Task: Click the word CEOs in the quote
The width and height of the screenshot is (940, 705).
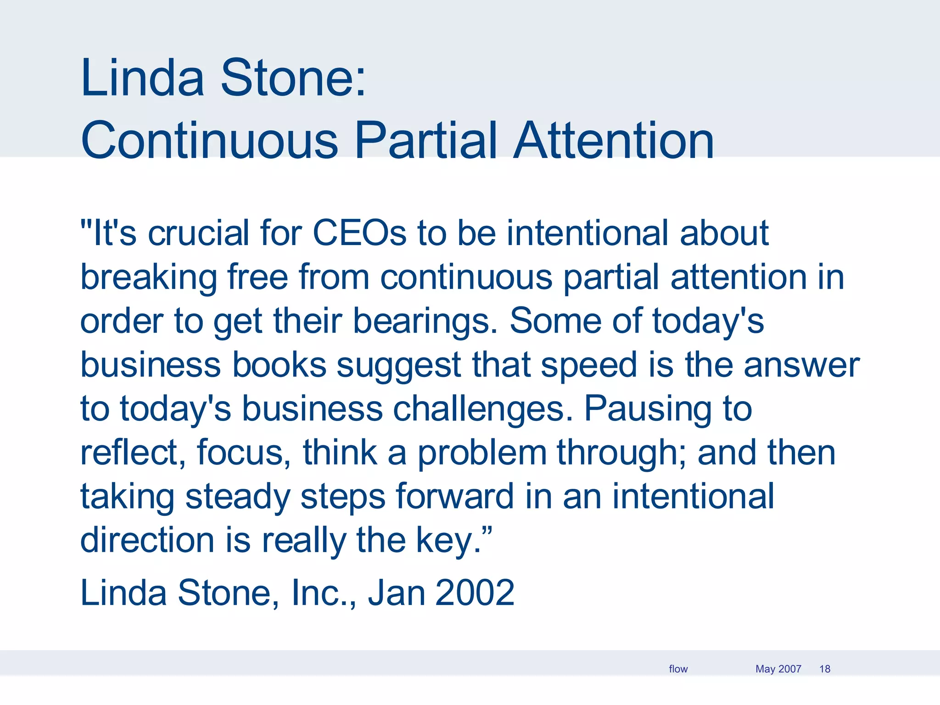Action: [x=359, y=233]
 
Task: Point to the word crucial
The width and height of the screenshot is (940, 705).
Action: [x=198, y=233]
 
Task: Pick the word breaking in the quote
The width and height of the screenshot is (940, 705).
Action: [x=148, y=278]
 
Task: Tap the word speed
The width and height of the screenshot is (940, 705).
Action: [x=589, y=366]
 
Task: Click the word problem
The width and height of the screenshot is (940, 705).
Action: [x=481, y=453]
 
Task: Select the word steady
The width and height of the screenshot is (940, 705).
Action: [x=237, y=497]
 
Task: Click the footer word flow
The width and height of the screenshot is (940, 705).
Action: [x=678, y=669]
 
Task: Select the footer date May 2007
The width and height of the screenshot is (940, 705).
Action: [x=778, y=669]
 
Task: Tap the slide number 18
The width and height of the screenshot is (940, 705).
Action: [x=824, y=669]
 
